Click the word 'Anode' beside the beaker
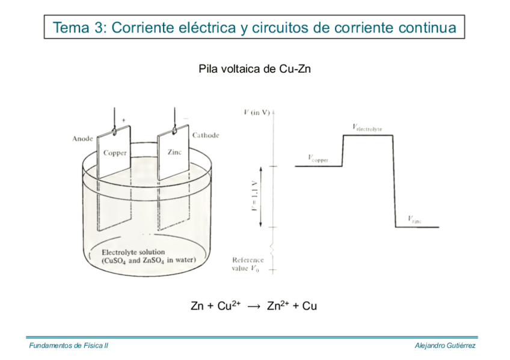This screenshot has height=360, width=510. point(82,139)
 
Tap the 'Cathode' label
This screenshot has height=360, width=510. point(206,135)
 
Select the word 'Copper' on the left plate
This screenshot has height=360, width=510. point(115,153)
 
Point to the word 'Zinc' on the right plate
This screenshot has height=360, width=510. point(174,152)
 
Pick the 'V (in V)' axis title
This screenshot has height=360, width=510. point(257,112)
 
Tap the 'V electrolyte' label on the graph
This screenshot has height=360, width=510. point(367,127)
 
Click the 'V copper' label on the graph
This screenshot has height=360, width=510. point(318,157)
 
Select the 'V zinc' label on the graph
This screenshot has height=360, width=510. point(414,219)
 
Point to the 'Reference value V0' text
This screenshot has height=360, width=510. point(248,264)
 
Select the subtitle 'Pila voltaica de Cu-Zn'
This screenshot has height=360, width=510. point(254,69)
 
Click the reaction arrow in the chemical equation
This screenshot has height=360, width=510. point(254,307)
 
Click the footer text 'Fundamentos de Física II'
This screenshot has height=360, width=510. point(68,346)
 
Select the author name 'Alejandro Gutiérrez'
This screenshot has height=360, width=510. point(446,346)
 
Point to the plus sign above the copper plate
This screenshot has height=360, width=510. point(123,120)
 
